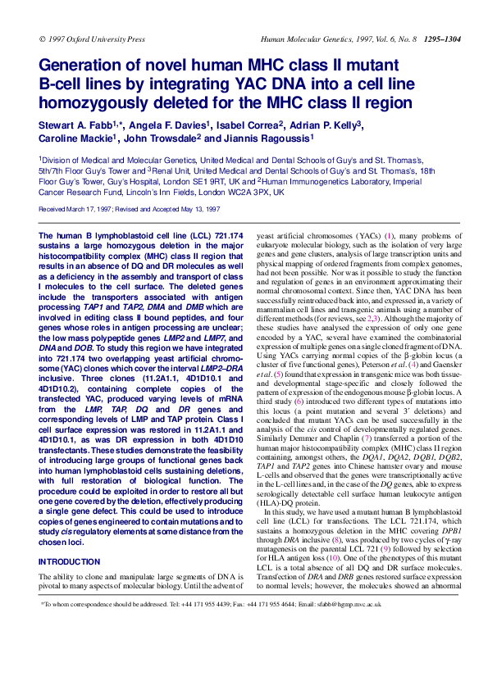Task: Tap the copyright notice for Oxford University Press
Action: [x=92, y=39]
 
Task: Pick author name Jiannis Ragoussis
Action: [x=273, y=138]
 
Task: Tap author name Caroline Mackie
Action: [x=71, y=138]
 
